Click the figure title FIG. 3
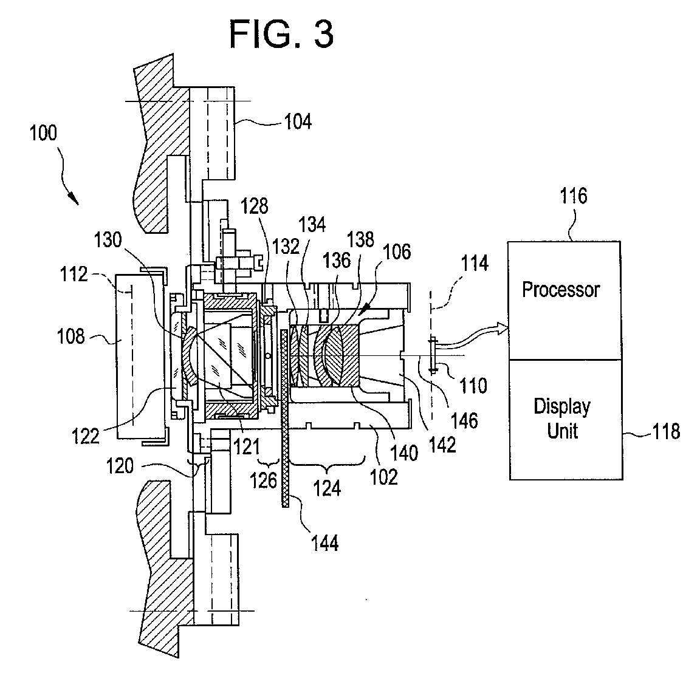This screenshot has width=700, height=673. pos(281,35)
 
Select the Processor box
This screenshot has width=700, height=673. pos(564,300)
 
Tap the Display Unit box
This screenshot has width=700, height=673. pos(566,420)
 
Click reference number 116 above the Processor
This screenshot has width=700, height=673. pos(574,196)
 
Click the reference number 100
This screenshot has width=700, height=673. pos(43,133)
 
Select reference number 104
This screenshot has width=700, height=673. pos(298,121)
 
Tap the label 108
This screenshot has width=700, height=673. pos(70,336)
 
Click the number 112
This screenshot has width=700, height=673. pos(74,274)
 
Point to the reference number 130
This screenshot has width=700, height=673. pos(108,240)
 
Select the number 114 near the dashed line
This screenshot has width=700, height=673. pos(475,264)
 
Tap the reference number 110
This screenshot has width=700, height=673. pos(473,385)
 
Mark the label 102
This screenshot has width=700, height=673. pos(384,477)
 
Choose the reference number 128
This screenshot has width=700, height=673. pos(255,206)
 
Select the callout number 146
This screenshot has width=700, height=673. pos(464,420)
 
